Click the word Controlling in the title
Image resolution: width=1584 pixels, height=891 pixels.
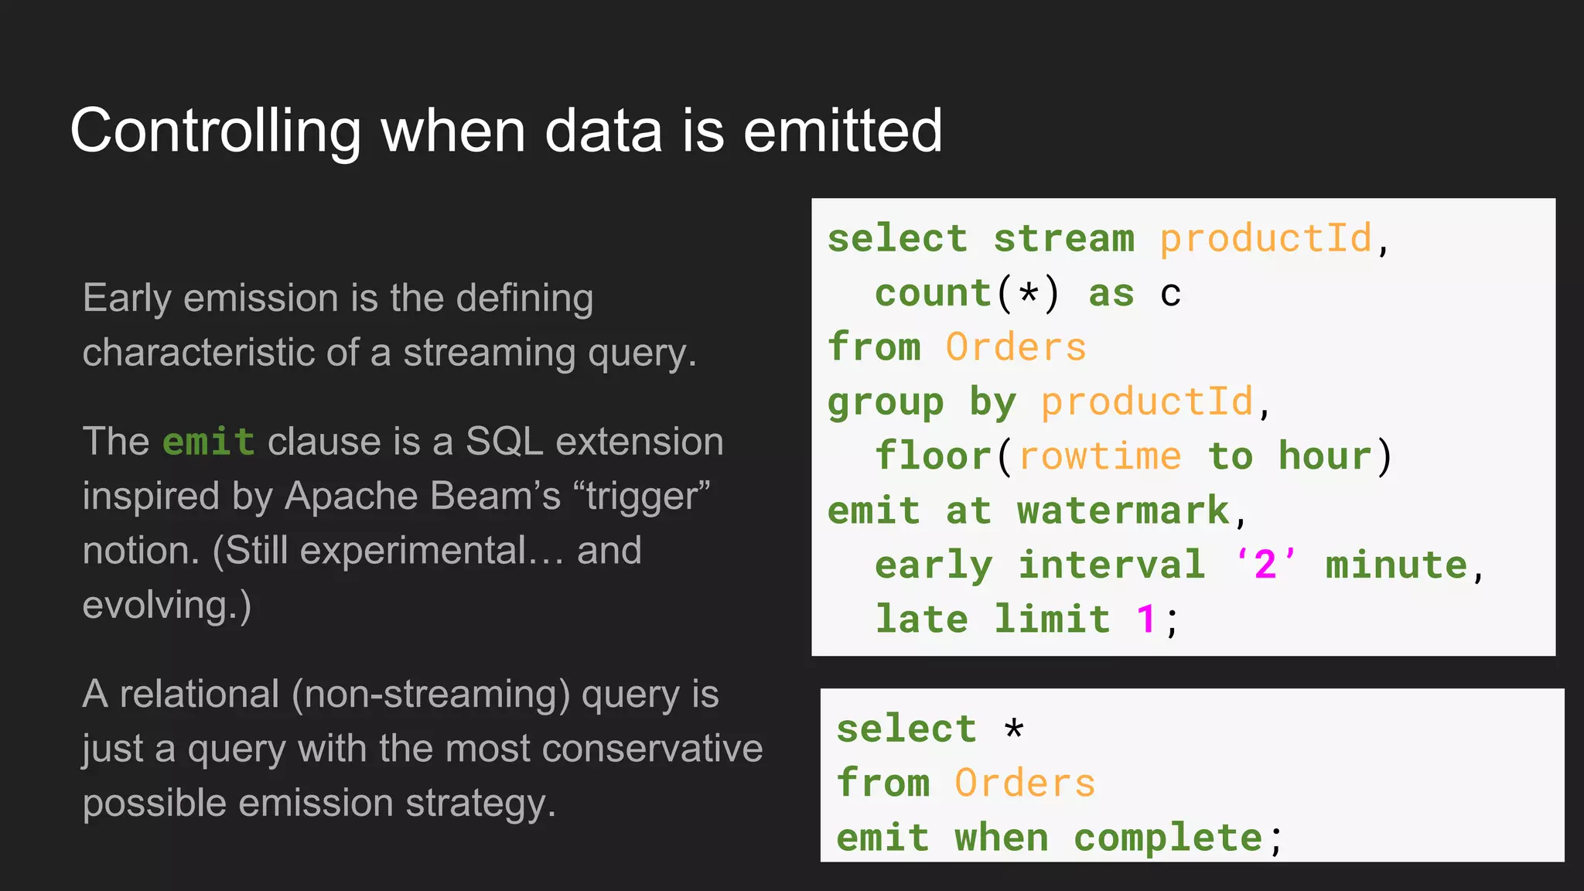(x=216, y=131)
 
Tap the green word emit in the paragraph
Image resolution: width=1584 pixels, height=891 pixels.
(x=208, y=442)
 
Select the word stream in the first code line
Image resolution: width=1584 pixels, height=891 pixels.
(x=1063, y=238)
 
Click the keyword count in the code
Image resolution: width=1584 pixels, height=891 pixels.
(x=933, y=293)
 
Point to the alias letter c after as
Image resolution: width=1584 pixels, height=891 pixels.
(x=1170, y=294)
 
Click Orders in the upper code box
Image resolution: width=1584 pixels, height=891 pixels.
(x=1016, y=347)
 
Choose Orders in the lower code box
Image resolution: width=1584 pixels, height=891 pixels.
(x=1025, y=783)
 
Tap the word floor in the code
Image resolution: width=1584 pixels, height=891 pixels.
(x=933, y=456)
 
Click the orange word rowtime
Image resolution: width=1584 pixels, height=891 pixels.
(x=1100, y=456)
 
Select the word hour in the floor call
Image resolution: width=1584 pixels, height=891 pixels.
(x=1324, y=456)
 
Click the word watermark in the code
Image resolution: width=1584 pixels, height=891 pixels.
(x=1123, y=510)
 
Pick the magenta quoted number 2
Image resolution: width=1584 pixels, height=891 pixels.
(x=1265, y=565)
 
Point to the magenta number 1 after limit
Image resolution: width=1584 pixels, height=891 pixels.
(x=1145, y=620)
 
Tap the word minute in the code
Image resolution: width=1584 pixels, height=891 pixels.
(x=1396, y=565)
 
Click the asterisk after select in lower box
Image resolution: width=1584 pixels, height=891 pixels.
(x=1014, y=729)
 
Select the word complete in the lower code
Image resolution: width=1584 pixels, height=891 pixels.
(x=1168, y=838)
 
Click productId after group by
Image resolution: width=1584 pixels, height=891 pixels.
(x=1146, y=402)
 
